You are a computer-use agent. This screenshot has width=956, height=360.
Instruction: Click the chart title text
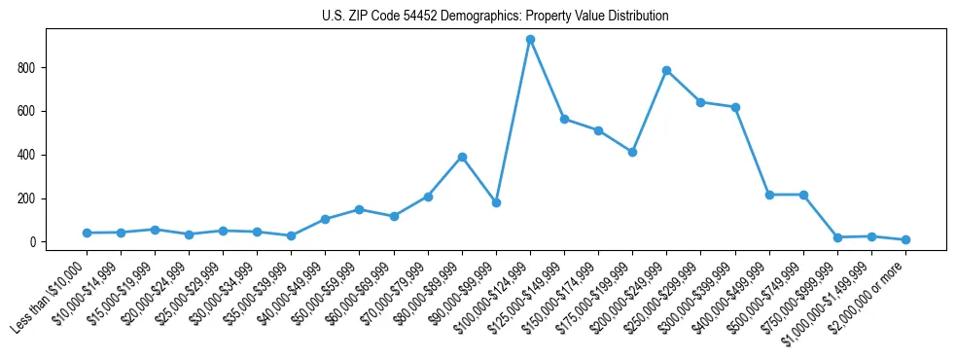pyautogui.click(x=495, y=17)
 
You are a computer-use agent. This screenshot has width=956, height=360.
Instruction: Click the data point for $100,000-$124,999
pyautogui.click(x=530, y=40)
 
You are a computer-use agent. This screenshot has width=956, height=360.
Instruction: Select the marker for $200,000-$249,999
pyautogui.click(x=666, y=70)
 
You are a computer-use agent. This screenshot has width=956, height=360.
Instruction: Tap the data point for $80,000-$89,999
pyautogui.click(x=462, y=157)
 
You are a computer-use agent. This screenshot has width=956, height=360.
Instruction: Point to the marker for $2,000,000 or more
pyautogui.click(x=905, y=239)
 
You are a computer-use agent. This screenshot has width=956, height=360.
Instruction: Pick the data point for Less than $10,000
pyautogui.click(x=87, y=233)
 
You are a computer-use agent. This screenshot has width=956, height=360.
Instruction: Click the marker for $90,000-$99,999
pyautogui.click(x=496, y=203)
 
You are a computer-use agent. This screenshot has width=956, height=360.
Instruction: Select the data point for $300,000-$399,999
pyautogui.click(x=735, y=107)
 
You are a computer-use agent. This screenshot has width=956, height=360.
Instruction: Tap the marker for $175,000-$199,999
pyautogui.click(x=632, y=152)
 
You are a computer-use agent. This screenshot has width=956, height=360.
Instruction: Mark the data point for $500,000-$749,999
pyautogui.click(x=803, y=195)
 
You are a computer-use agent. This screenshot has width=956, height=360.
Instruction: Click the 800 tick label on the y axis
pyautogui.click(x=27, y=68)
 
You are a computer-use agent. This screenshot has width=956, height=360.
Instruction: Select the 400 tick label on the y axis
pyautogui.click(x=27, y=155)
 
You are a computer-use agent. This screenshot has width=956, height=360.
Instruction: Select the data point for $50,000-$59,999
pyautogui.click(x=360, y=209)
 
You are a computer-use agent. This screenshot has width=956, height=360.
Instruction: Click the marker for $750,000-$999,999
pyautogui.click(x=837, y=237)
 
